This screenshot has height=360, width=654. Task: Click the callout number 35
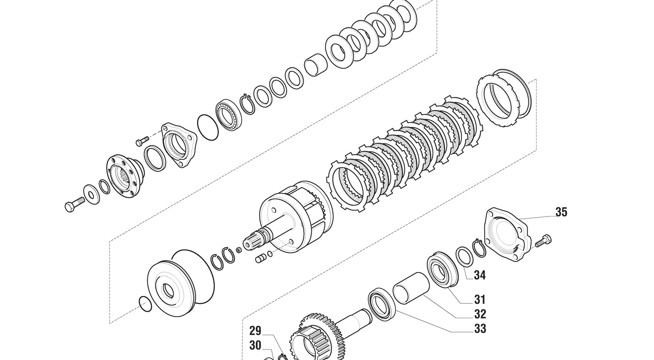(x=561, y=212)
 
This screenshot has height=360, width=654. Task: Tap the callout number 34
(x=480, y=275)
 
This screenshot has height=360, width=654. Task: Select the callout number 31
(x=480, y=300)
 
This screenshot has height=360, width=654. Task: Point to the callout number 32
(x=480, y=314)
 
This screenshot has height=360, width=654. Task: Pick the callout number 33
(x=480, y=329)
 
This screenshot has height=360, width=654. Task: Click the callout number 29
(x=255, y=331)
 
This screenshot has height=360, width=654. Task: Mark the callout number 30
(x=255, y=346)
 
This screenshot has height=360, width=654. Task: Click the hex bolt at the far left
(x=75, y=204)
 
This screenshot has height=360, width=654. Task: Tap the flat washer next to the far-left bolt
(x=92, y=195)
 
